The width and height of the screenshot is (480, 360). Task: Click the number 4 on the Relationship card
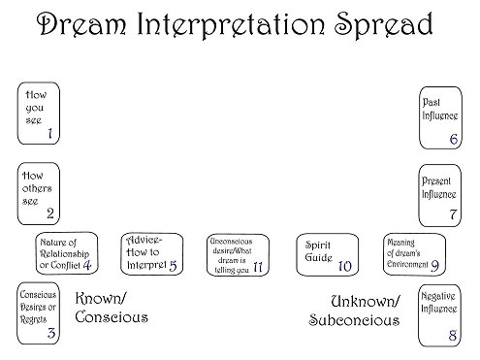tap(87, 264)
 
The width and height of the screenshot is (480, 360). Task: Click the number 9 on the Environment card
tap(435, 265)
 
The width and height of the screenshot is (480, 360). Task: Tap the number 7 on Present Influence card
tap(453, 213)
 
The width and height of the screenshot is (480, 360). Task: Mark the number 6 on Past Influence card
tap(453, 140)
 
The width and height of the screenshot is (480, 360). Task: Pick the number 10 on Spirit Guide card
tap(343, 265)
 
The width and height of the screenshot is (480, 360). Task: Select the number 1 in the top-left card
tap(49, 134)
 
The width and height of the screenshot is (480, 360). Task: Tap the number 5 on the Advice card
tap(173, 264)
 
